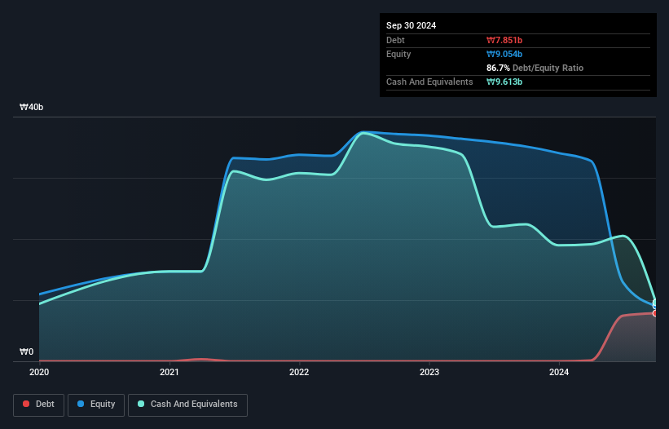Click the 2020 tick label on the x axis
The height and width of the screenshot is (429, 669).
(39, 372)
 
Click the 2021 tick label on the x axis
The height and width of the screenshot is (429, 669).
(169, 372)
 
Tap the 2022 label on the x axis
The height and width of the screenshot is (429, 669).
(299, 372)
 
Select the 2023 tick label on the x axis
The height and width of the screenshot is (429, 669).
(429, 372)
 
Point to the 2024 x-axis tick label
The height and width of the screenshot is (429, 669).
(559, 372)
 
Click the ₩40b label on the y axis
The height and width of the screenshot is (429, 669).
(32, 108)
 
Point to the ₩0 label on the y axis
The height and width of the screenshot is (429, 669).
(27, 352)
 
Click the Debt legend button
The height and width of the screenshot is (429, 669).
(39, 405)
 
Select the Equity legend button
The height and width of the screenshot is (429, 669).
(96, 405)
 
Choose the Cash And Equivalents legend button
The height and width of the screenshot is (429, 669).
(187, 405)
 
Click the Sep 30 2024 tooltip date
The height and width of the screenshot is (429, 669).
(411, 25)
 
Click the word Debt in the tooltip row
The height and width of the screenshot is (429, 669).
(395, 40)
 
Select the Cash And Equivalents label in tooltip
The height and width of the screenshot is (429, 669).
(429, 82)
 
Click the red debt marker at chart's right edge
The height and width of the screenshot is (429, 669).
(654, 313)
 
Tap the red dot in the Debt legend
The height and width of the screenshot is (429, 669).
(27, 405)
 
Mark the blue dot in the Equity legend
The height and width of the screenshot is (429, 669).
(81, 405)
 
